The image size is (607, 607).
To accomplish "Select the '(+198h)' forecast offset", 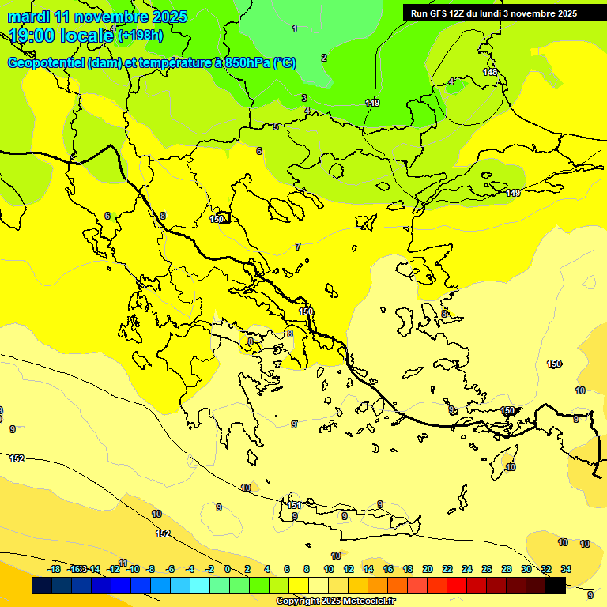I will (141, 35).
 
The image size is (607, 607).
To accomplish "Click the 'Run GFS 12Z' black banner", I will (494, 13).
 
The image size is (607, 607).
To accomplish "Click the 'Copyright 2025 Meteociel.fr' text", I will (336, 601).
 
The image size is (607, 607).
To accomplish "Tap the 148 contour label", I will (490, 72).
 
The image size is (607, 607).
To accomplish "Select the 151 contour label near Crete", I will (293, 505).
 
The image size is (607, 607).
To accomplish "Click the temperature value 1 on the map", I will (295, 28).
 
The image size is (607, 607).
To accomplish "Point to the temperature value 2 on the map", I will (323, 58).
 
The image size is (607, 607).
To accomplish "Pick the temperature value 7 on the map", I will (298, 247).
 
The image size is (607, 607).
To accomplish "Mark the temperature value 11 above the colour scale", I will (123, 562).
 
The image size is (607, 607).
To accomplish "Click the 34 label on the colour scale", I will (567, 569).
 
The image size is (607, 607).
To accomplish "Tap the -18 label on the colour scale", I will (54, 569).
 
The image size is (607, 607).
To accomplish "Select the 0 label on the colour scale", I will (228, 569).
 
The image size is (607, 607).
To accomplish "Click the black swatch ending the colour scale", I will (556, 585).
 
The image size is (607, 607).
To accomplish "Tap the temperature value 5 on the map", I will (276, 126).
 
